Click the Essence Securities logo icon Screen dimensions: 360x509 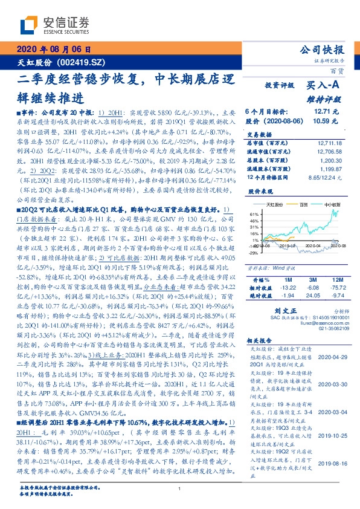(x=29, y=25)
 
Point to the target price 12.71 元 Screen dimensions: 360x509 (x=326, y=112)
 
